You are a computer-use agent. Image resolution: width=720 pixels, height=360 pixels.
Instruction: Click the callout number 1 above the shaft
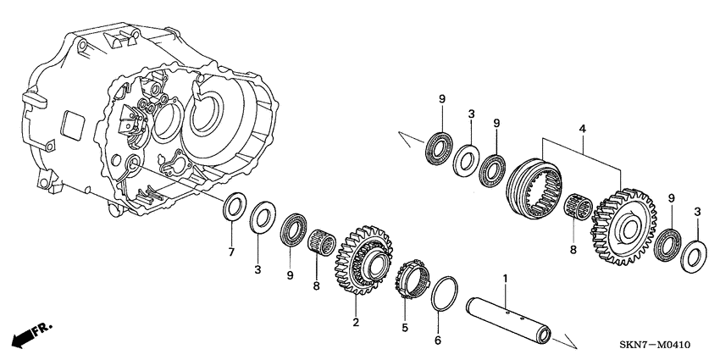[x=505, y=278]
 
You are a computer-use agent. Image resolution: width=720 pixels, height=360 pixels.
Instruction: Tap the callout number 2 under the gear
[x=357, y=322]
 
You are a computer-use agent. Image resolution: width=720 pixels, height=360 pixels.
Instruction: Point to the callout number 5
[x=405, y=326]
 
